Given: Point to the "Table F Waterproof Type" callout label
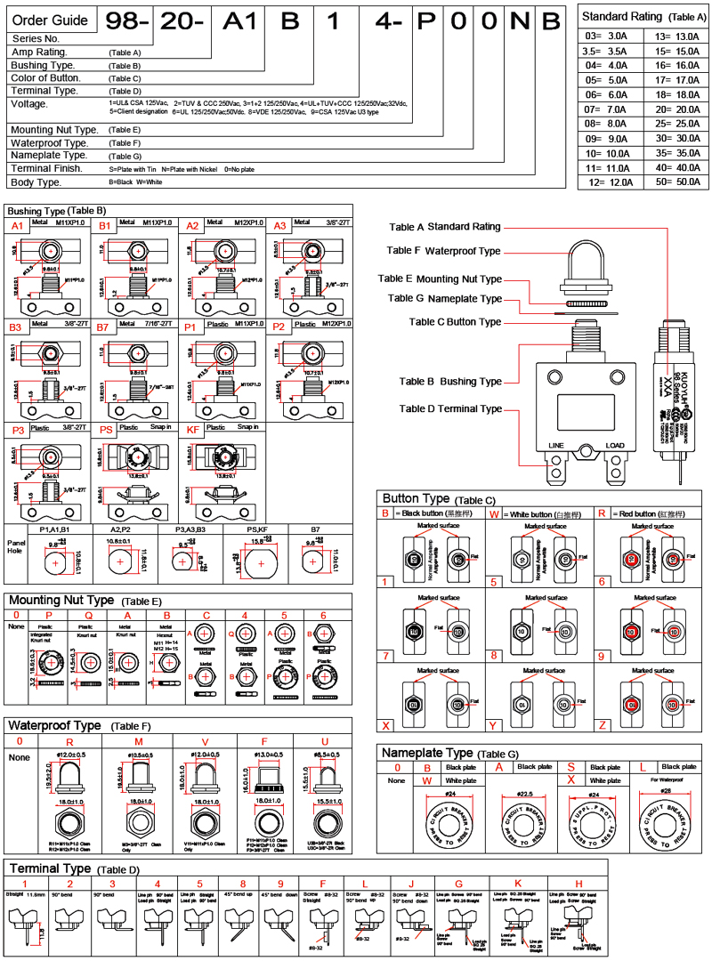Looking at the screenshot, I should click(x=444, y=251).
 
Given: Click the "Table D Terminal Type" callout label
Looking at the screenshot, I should click(x=450, y=409).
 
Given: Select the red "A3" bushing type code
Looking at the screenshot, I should click(x=279, y=227).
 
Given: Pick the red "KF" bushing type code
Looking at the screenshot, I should click(x=192, y=428).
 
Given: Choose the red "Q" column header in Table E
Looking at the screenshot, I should click(x=87, y=615).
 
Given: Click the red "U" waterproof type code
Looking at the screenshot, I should click(x=324, y=740).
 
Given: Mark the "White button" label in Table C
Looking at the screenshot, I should click(x=529, y=514).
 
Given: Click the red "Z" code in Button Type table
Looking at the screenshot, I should click(x=603, y=725).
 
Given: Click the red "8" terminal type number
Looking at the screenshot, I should click(x=242, y=884).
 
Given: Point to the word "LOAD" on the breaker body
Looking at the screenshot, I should click(x=615, y=445).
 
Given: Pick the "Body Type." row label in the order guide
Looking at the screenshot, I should click(x=36, y=182).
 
